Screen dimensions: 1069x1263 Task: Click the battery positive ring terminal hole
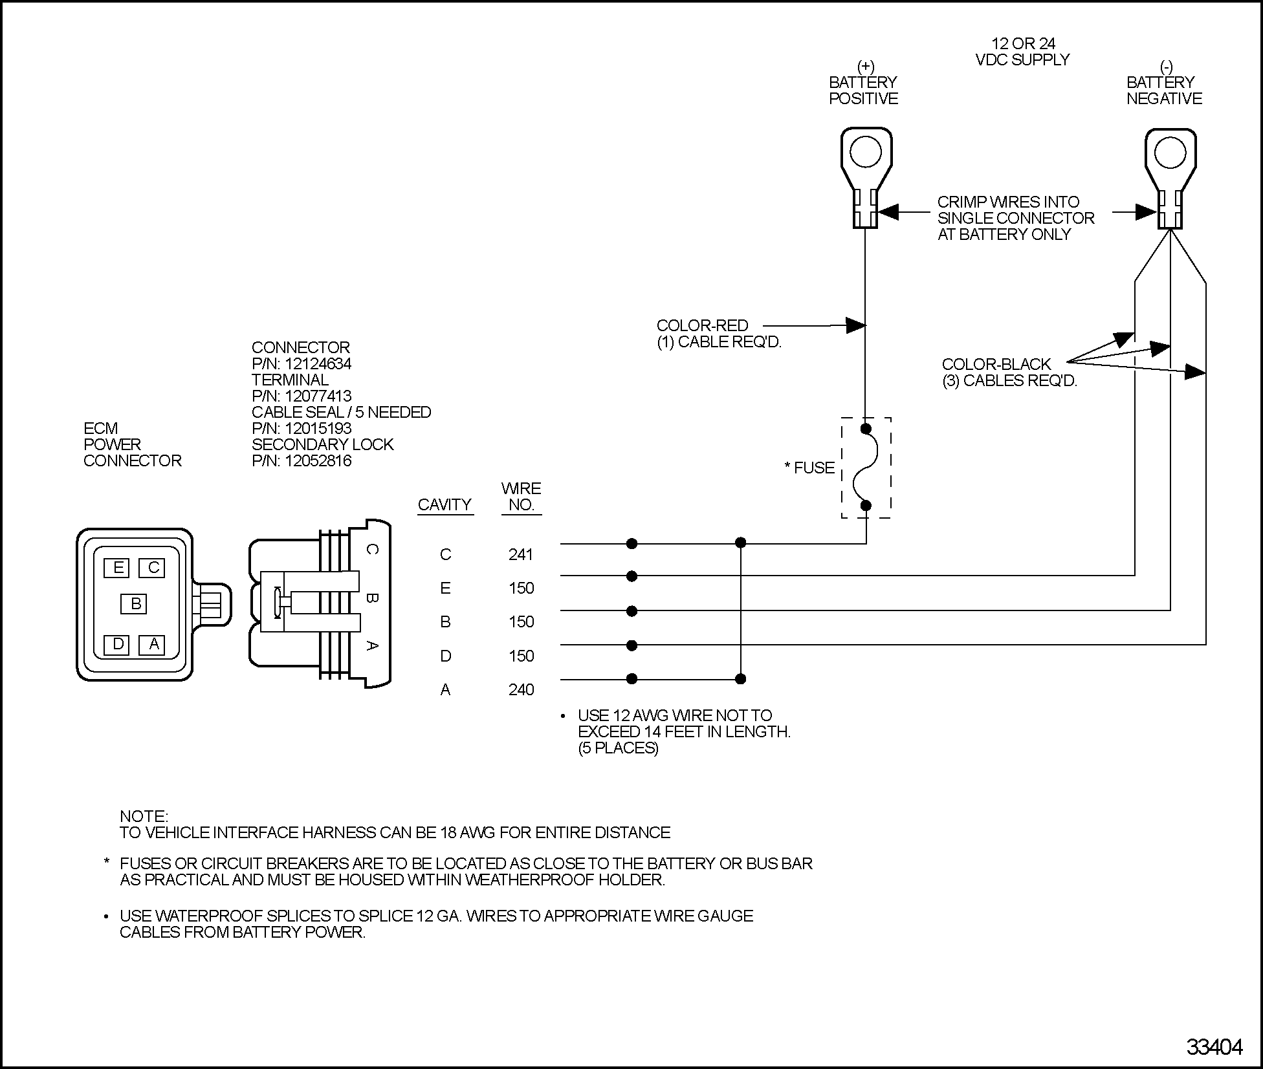866,153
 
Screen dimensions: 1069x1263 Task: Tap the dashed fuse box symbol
866,468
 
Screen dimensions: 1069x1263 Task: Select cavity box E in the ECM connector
117,568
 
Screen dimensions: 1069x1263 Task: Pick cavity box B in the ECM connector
135,604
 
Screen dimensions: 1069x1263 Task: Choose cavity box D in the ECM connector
117,644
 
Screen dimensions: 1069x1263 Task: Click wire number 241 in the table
521,554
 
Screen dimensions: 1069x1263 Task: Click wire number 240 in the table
521,689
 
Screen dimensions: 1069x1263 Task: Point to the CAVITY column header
445,504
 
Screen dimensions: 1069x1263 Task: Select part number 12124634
318,363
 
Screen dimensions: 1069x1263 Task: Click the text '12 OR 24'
1023,43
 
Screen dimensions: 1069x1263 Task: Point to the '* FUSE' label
809,468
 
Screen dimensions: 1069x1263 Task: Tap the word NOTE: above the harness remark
144,816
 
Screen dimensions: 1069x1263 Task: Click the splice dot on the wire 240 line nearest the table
632,678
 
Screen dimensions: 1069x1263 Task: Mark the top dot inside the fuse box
866,428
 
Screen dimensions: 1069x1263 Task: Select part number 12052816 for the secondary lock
318,460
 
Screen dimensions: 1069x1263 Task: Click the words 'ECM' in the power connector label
101,428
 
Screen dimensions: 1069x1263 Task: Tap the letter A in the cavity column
445,689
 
